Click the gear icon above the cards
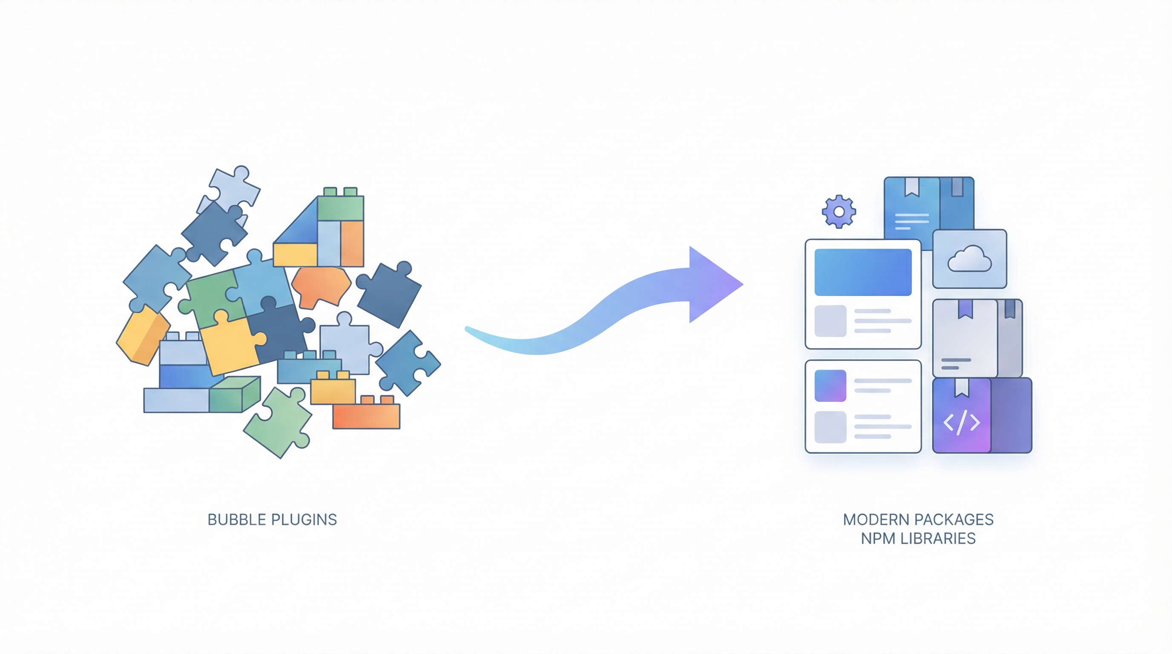[839, 212]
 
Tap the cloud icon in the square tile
[969, 259]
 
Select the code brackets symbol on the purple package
[961, 422]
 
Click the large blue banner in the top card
[863, 272]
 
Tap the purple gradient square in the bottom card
[830, 386]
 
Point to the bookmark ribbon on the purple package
[961, 387]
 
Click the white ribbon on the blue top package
[911, 187]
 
